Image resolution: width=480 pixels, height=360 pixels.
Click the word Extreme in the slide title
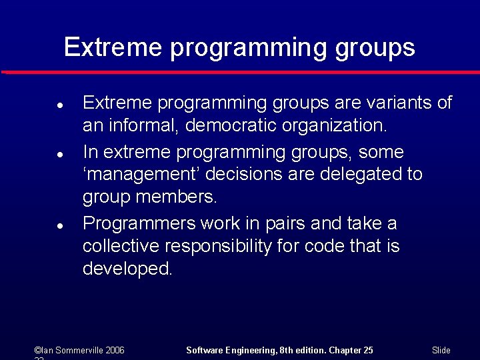113,47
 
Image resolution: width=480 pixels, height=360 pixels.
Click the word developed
127,269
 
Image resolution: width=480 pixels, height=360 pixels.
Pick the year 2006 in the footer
115,350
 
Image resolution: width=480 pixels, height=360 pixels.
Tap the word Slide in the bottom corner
441,350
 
